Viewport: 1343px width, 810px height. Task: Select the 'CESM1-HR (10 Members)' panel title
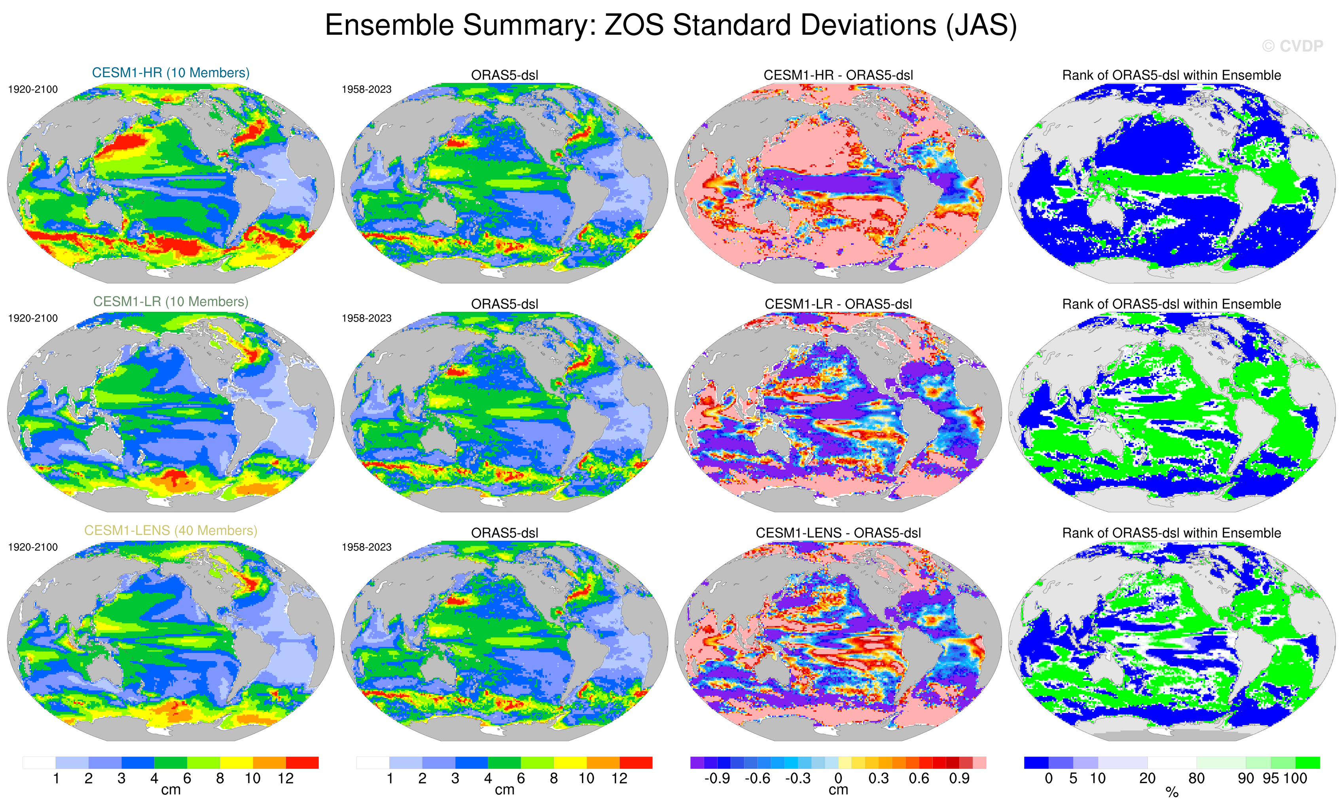(x=170, y=72)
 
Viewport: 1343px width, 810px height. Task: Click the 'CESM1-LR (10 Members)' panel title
(x=170, y=302)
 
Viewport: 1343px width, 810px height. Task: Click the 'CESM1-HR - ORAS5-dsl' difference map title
(x=838, y=75)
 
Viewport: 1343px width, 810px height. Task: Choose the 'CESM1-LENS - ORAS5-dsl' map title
(x=838, y=533)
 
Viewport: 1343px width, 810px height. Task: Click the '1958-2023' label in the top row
(x=366, y=89)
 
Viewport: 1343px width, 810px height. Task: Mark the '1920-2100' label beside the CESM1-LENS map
(x=33, y=547)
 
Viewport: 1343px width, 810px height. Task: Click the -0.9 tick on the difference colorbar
(x=717, y=778)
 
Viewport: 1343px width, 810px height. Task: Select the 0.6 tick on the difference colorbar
(x=919, y=778)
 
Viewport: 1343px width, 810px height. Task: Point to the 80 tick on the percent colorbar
(x=1196, y=778)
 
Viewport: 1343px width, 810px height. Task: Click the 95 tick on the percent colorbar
(x=1271, y=778)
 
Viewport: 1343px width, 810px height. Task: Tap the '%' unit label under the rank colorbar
(x=1172, y=793)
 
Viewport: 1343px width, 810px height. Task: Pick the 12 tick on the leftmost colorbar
(x=286, y=778)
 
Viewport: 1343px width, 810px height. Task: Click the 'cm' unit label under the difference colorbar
(x=838, y=790)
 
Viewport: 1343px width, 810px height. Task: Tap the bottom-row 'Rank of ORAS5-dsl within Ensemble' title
(x=1171, y=533)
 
